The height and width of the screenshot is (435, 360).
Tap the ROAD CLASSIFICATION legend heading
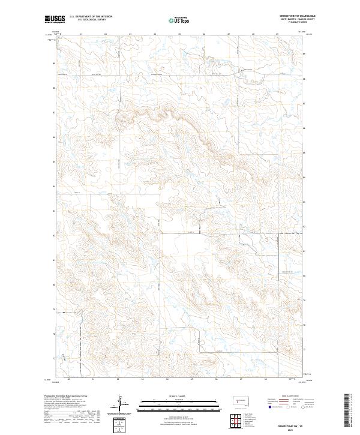point(287,396)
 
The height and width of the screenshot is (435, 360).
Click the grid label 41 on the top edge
point(80,34)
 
